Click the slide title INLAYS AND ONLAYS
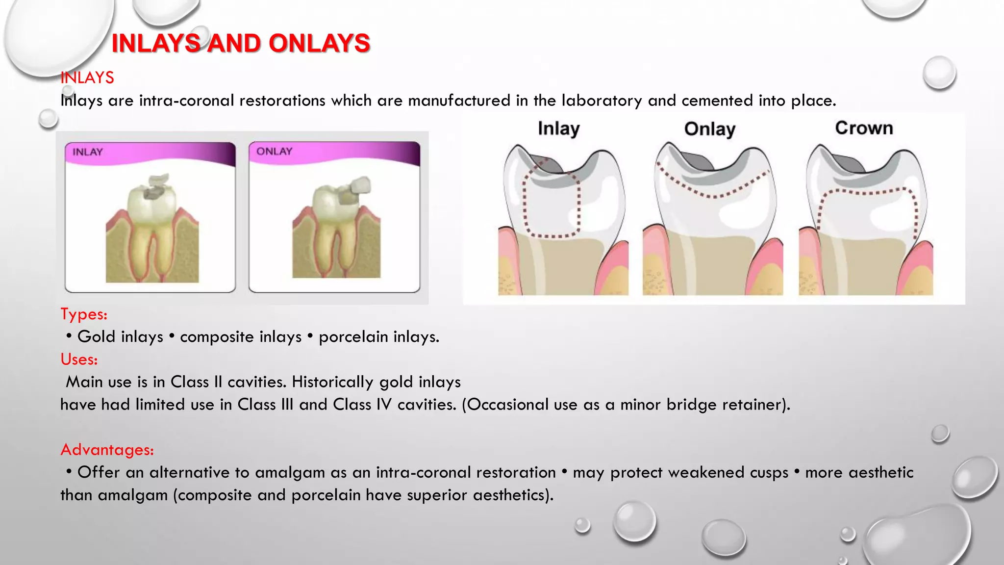[241, 43]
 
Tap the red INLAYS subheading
[87, 77]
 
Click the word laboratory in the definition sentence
[602, 101]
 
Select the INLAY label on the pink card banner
[88, 152]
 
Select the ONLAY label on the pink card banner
[274, 152]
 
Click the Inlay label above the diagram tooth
[558, 128]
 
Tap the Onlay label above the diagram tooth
[709, 129]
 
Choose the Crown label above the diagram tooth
[864, 128]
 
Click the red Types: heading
[84, 314]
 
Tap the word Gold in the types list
[96, 337]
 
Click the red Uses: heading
[79, 360]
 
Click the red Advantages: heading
[107, 450]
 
